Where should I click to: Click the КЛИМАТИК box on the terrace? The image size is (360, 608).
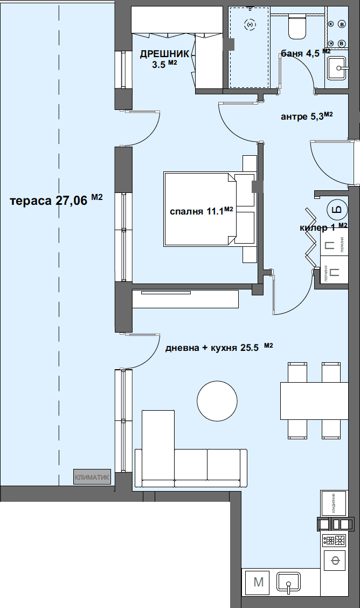tap(92, 477)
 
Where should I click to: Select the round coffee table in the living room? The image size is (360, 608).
tap(217, 400)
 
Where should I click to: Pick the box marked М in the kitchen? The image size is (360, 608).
tap(258, 582)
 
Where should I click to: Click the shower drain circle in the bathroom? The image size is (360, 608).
tap(249, 24)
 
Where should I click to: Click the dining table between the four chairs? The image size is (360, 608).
tap(314, 400)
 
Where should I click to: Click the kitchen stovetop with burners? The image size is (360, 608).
tap(334, 540)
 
